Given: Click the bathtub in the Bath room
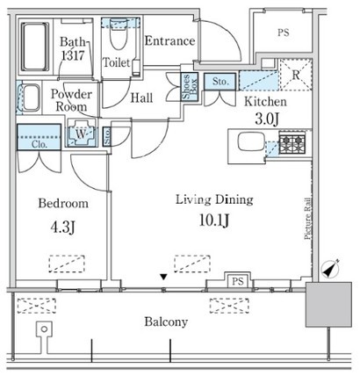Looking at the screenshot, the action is point(35,47).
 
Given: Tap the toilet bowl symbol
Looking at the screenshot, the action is point(119,36).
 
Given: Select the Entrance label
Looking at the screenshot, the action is point(169,40).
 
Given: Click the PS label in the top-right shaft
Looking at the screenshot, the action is point(283,33).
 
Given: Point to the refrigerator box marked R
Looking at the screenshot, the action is point(296,75).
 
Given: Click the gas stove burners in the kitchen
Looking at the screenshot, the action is point(292,142).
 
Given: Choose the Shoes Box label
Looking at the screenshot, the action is point(190,87).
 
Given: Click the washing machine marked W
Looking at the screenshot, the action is point(82,134).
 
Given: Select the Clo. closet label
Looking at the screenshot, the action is point(40,144).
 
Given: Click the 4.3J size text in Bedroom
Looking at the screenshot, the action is point(63,228).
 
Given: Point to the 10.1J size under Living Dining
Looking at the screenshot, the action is point(214,220).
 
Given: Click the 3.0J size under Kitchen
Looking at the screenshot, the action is point(267,119).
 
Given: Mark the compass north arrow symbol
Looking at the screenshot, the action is point(330,268).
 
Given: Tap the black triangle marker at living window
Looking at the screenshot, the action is point(164,277).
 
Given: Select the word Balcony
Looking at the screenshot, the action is point(166,322).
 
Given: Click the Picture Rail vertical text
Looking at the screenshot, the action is point(307,219).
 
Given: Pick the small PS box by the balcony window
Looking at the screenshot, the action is point(238,282).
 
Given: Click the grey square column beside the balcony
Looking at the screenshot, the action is point(328,305).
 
